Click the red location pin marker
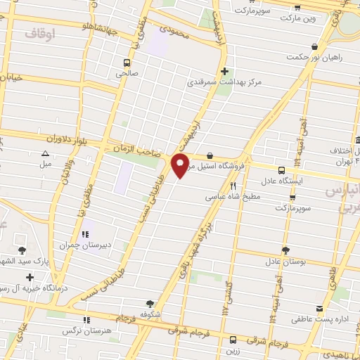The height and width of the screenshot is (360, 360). [x=180, y=166]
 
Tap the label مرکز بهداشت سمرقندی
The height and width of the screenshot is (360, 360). [x=224, y=82]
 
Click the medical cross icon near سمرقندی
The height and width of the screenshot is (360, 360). [x=224, y=71]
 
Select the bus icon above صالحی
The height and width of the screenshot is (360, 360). [x=127, y=62]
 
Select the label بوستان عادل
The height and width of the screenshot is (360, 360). [x=283, y=262]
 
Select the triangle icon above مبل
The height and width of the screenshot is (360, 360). [x=46, y=153]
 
